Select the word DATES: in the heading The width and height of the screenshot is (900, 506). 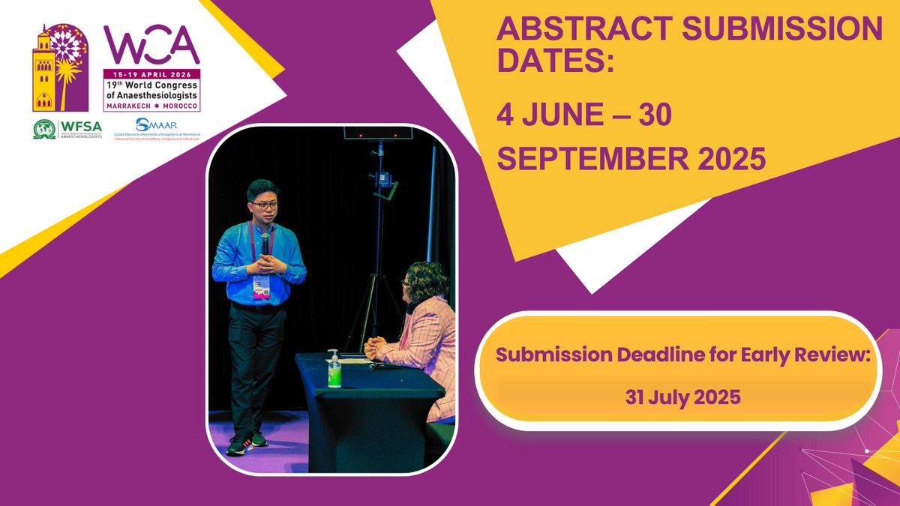click(x=555, y=63)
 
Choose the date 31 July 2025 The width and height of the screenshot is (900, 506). click(x=682, y=397)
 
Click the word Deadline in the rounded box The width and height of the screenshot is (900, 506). click(x=658, y=355)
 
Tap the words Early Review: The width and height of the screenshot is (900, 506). click(x=809, y=355)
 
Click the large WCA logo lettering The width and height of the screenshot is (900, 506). click(x=151, y=46)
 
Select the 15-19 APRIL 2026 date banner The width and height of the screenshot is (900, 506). click(x=152, y=73)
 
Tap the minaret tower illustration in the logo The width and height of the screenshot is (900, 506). click(x=43, y=71)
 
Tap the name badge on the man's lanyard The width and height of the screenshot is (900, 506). click(x=261, y=286)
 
